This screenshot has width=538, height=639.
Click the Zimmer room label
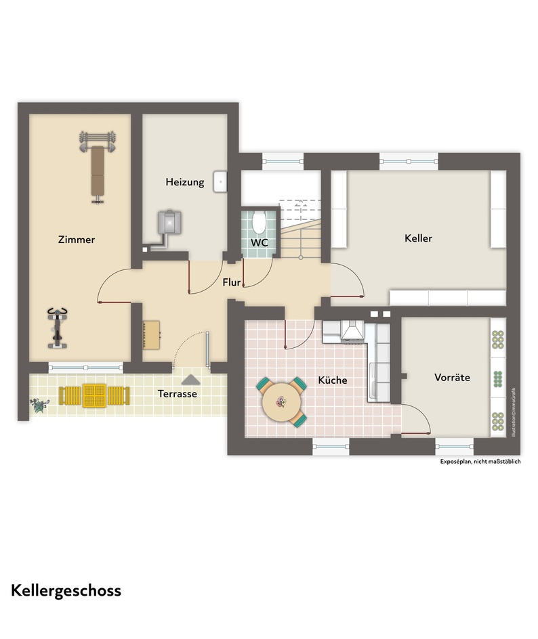point(77,240)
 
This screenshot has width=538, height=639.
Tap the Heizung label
point(185,182)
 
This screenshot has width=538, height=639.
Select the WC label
point(259,242)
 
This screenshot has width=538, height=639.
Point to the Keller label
point(418,238)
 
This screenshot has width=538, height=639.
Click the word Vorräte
point(452,378)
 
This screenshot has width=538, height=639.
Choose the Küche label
point(333,380)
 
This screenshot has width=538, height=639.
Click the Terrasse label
point(177,393)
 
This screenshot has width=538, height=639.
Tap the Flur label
point(232,282)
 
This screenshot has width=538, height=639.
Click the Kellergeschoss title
point(66,590)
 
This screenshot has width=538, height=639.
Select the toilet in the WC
point(259,221)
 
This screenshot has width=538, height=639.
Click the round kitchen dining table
point(281,401)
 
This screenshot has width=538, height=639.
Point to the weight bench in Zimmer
point(98,167)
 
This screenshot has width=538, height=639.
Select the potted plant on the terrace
point(39,405)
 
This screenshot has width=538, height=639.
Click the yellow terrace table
point(95,395)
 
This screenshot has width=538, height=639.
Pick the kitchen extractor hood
point(352,330)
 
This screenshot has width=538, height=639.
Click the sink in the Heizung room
point(220,181)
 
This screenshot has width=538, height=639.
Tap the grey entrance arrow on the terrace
point(191,380)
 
